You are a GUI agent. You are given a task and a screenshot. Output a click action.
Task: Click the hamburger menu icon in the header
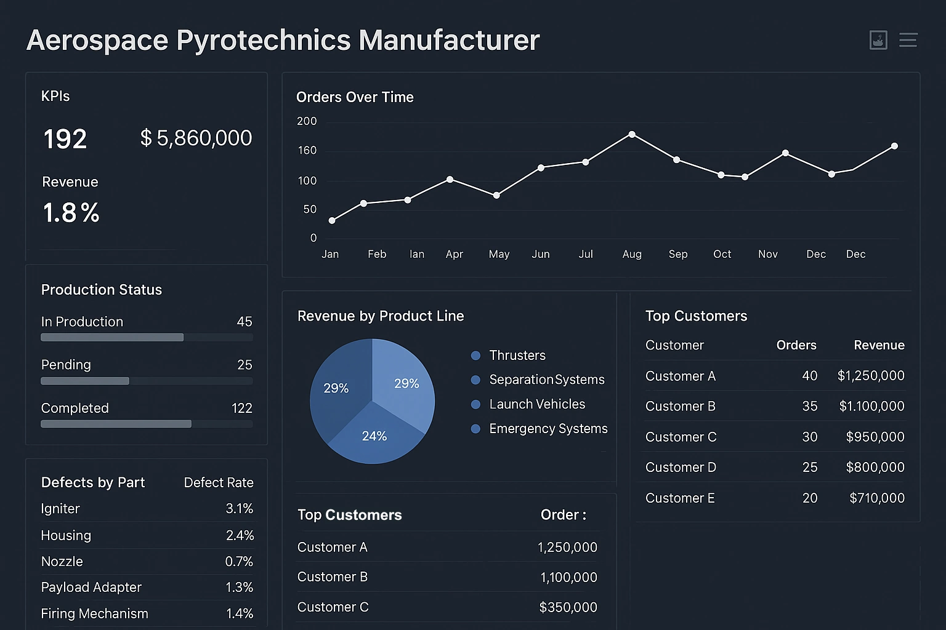(x=908, y=41)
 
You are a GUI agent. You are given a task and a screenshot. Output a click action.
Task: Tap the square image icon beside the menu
(x=878, y=41)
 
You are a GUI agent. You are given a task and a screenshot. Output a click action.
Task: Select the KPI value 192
(x=65, y=139)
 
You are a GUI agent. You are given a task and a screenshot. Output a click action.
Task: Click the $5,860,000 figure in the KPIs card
(x=196, y=138)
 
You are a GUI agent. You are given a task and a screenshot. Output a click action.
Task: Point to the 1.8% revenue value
(x=71, y=213)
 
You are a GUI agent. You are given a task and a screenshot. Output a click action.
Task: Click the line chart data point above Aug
(x=632, y=134)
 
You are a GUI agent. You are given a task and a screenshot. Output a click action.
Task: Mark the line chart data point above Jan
(x=332, y=220)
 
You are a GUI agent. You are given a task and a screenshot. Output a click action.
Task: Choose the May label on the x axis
(x=499, y=254)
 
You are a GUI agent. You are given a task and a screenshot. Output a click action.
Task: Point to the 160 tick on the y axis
(x=307, y=151)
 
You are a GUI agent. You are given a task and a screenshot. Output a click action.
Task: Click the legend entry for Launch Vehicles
(x=537, y=404)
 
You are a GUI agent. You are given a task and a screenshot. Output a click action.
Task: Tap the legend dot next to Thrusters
(x=475, y=356)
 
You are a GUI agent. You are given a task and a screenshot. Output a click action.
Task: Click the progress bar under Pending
(x=147, y=381)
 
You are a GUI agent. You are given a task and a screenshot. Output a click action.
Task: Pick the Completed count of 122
(x=241, y=408)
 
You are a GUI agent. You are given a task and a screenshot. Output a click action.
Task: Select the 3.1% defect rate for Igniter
(x=239, y=509)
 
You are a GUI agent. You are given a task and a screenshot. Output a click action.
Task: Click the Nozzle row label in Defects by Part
(x=62, y=562)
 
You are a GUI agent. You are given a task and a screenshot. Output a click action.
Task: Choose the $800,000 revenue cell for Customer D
(x=875, y=468)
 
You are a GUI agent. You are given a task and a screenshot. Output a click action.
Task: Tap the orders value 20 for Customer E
(x=809, y=498)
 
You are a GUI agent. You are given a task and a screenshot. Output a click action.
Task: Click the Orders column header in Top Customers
(x=796, y=345)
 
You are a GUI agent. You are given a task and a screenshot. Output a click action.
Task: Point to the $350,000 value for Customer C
(x=568, y=607)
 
